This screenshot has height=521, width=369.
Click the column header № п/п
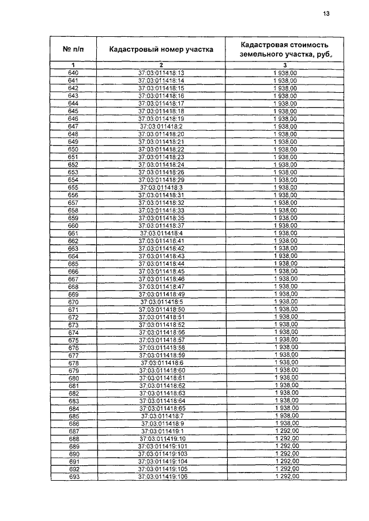[x=73, y=49]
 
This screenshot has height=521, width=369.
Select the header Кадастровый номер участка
[x=161, y=50]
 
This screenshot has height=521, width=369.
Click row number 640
[x=73, y=73]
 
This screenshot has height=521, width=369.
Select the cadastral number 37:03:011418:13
[x=161, y=73]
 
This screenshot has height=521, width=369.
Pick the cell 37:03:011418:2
[x=161, y=126]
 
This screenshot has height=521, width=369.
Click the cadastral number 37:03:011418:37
[x=161, y=226]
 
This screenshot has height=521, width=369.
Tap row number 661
[x=73, y=233]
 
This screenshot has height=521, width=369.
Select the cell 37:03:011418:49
[x=161, y=294]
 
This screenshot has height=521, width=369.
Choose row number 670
[x=73, y=302]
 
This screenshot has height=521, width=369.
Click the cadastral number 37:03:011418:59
[x=161, y=355]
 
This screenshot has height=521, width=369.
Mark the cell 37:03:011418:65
[x=161, y=408]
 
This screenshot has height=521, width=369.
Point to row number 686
[x=73, y=423]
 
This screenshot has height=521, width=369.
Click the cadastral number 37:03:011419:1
[x=161, y=431]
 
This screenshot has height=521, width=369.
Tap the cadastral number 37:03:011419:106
[x=161, y=477]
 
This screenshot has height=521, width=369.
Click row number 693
[x=73, y=477]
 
